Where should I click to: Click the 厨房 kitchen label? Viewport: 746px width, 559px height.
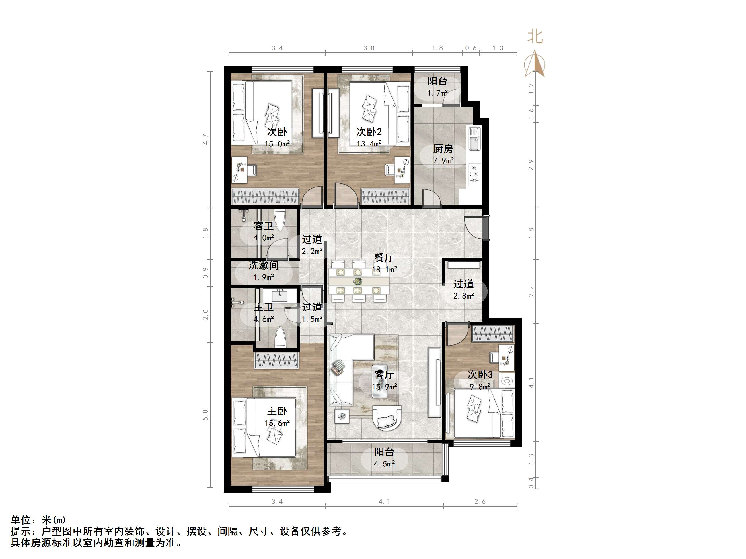click(x=443, y=149)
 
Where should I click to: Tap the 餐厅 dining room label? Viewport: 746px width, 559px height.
click(x=384, y=258)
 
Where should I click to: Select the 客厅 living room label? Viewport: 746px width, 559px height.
click(x=384, y=375)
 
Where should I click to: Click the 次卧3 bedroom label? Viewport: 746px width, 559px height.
click(x=480, y=375)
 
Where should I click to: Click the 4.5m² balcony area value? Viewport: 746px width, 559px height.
click(x=384, y=464)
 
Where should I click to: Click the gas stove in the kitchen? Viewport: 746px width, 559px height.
click(x=474, y=174)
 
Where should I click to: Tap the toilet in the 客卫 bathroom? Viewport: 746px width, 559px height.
click(x=280, y=219)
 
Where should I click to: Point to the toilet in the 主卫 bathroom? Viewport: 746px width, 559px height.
click(x=280, y=337)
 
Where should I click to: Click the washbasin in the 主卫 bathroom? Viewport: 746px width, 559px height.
click(x=280, y=296)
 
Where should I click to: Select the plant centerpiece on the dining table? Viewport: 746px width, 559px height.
click(x=357, y=281)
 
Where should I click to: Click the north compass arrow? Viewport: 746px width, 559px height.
click(x=535, y=64)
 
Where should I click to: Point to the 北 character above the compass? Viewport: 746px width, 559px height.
click(x=535, y=36)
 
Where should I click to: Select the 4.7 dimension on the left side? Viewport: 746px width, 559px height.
click(x=205, y=139)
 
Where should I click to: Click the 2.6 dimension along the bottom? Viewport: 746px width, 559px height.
click(x=480, y=502)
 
